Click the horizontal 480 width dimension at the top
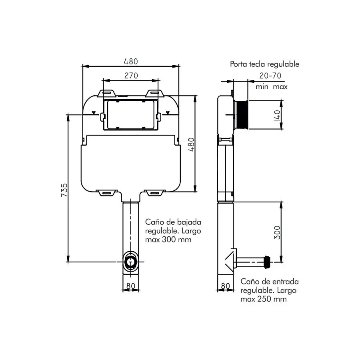click(130, 61)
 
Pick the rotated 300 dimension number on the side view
click(278, 232)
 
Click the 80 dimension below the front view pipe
click(130, 286)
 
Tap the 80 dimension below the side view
click(226, 286)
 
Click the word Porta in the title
click(239, 64)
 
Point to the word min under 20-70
click(262, 86)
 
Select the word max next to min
click(280, 86)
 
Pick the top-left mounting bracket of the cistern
click(107, 93)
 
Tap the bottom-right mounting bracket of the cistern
click(154, 193)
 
